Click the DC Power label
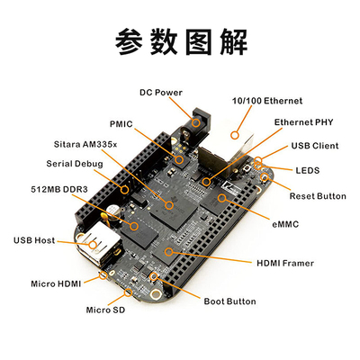(161, 91)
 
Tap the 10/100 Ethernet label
(267, 101)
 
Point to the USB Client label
(313, 145)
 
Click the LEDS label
(308, 169)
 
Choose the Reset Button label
(317, 195)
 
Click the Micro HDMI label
(58, 283)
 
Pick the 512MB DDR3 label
(57, 191)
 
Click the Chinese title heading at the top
(179, 40)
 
